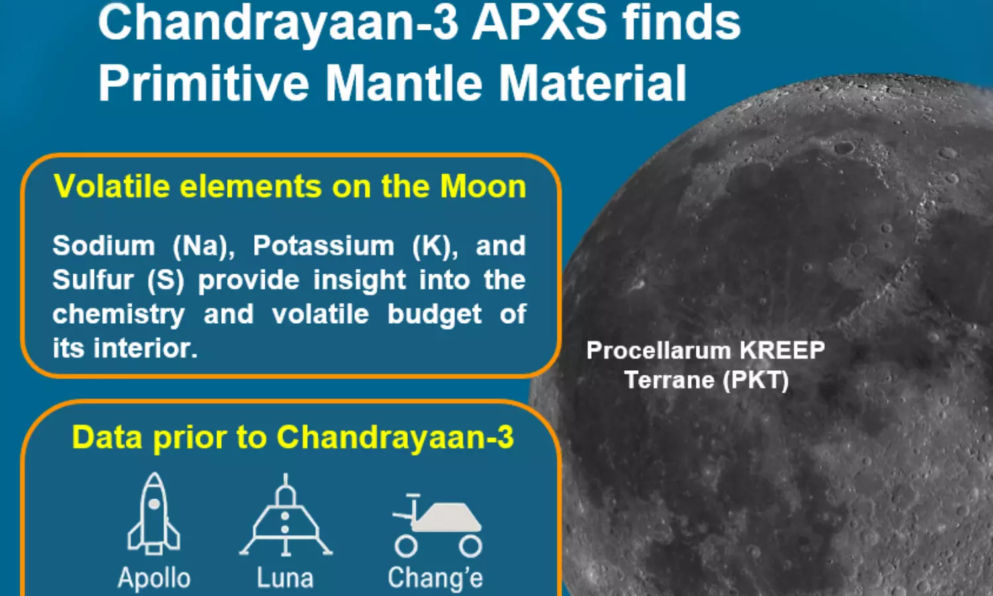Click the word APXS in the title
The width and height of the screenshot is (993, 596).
click(539, 21)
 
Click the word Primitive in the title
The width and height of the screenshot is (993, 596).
click(203, 83)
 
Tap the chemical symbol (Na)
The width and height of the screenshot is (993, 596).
click(203, 246)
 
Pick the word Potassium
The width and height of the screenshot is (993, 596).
click(323, 246)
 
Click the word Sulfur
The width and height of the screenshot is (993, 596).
click(93, 280)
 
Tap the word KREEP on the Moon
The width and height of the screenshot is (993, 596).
click(782, 350)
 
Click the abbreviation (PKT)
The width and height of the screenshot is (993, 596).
click(755, 381)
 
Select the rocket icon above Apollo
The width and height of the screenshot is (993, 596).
click(154, 513)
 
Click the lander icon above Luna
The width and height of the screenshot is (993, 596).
click(285, 515)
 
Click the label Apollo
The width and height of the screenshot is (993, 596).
click(154, 579)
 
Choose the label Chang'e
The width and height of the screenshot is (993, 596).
click(436, 578)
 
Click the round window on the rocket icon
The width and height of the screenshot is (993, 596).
click(154, 504)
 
